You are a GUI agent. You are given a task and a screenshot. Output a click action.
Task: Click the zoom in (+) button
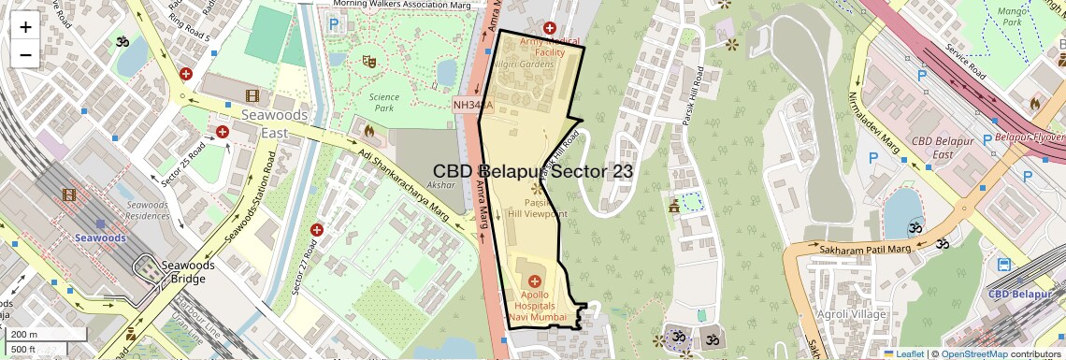coord(25,26)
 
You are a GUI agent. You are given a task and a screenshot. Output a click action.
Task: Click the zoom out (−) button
coord(25,54)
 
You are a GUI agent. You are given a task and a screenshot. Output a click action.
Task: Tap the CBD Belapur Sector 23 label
coord(533,172)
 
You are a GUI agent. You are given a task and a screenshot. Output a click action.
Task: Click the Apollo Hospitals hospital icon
coord(534,281)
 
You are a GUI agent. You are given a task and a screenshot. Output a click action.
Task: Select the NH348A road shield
coord(472,105)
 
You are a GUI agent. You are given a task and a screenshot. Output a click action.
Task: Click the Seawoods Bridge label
coord(188,272)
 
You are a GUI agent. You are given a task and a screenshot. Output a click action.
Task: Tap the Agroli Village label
coord(851,315)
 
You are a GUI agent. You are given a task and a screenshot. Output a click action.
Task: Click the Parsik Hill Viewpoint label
coord(537,208)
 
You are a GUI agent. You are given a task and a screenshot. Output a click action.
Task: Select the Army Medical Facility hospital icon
coord(550,29)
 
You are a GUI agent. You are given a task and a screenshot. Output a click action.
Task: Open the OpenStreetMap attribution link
coord(973,353)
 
